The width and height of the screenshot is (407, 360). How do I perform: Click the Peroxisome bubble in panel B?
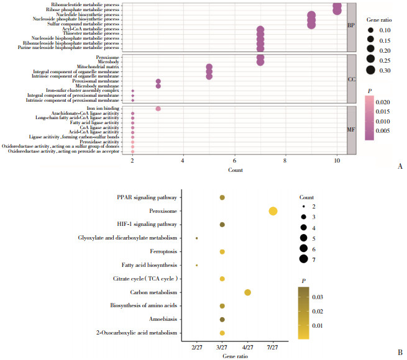273,211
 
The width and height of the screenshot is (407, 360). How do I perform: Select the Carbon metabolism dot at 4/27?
247,292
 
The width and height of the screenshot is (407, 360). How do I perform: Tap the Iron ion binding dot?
158,109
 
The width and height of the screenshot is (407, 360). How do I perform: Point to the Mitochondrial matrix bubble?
209,66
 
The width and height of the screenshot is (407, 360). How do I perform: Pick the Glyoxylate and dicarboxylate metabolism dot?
196,238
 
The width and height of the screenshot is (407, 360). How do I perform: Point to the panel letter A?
398,166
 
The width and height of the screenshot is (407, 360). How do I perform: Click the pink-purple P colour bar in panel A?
369,115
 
